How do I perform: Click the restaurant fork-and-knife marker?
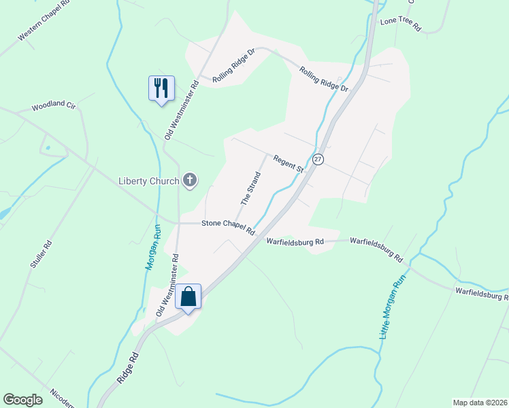click(161, 88)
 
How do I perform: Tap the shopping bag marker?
click(188, 296)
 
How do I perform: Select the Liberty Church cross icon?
click(190, 180)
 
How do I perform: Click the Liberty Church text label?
click(148, 181)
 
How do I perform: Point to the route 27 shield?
click(318, 158)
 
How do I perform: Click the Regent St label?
click(287, 163)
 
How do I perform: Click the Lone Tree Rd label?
click(401, 25)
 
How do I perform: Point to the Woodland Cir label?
click(53, 107)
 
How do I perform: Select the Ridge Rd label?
click(127, 368)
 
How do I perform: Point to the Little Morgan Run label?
click(392, 305)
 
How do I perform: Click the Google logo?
click(23, 400)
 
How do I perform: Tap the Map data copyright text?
click(480, 403)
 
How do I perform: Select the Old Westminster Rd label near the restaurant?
click(180, 110)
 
